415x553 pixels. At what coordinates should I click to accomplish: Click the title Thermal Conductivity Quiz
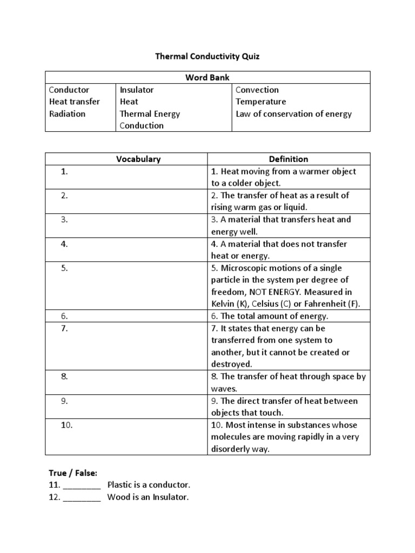[207, 56]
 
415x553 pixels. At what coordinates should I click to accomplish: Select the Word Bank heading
[207, 77]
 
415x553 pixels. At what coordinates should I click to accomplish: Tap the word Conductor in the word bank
[69, 90]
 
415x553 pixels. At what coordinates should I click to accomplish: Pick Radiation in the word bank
[67, 113]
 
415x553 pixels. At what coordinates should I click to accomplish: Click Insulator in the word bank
[137, 90]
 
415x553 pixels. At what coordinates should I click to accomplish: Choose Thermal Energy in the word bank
[150, 113]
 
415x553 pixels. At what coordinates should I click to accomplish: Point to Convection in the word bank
[257, 90]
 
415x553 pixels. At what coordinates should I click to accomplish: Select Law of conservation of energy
[293, 113]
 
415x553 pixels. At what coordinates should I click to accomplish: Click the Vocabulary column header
[138, 159]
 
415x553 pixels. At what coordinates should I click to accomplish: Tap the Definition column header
[289, 159]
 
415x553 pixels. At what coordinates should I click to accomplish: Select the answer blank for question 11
[82, 485]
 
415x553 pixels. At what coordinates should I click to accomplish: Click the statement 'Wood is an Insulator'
[148, 497]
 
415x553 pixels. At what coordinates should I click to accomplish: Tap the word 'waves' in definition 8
[224, 388]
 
